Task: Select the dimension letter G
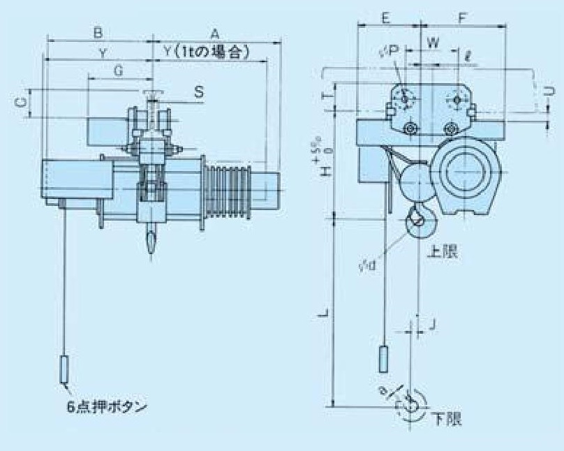click(x=118, y=71)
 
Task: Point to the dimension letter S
click(x=199, y=91)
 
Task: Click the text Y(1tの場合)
click(x=207, y=52)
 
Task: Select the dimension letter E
click(x=387, y=18)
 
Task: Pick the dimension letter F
click(x=463, y=18)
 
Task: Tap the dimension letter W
click(x=433, y=43)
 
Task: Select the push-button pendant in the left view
click(x=64, y=370)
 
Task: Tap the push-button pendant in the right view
click(x=383, y=359)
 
